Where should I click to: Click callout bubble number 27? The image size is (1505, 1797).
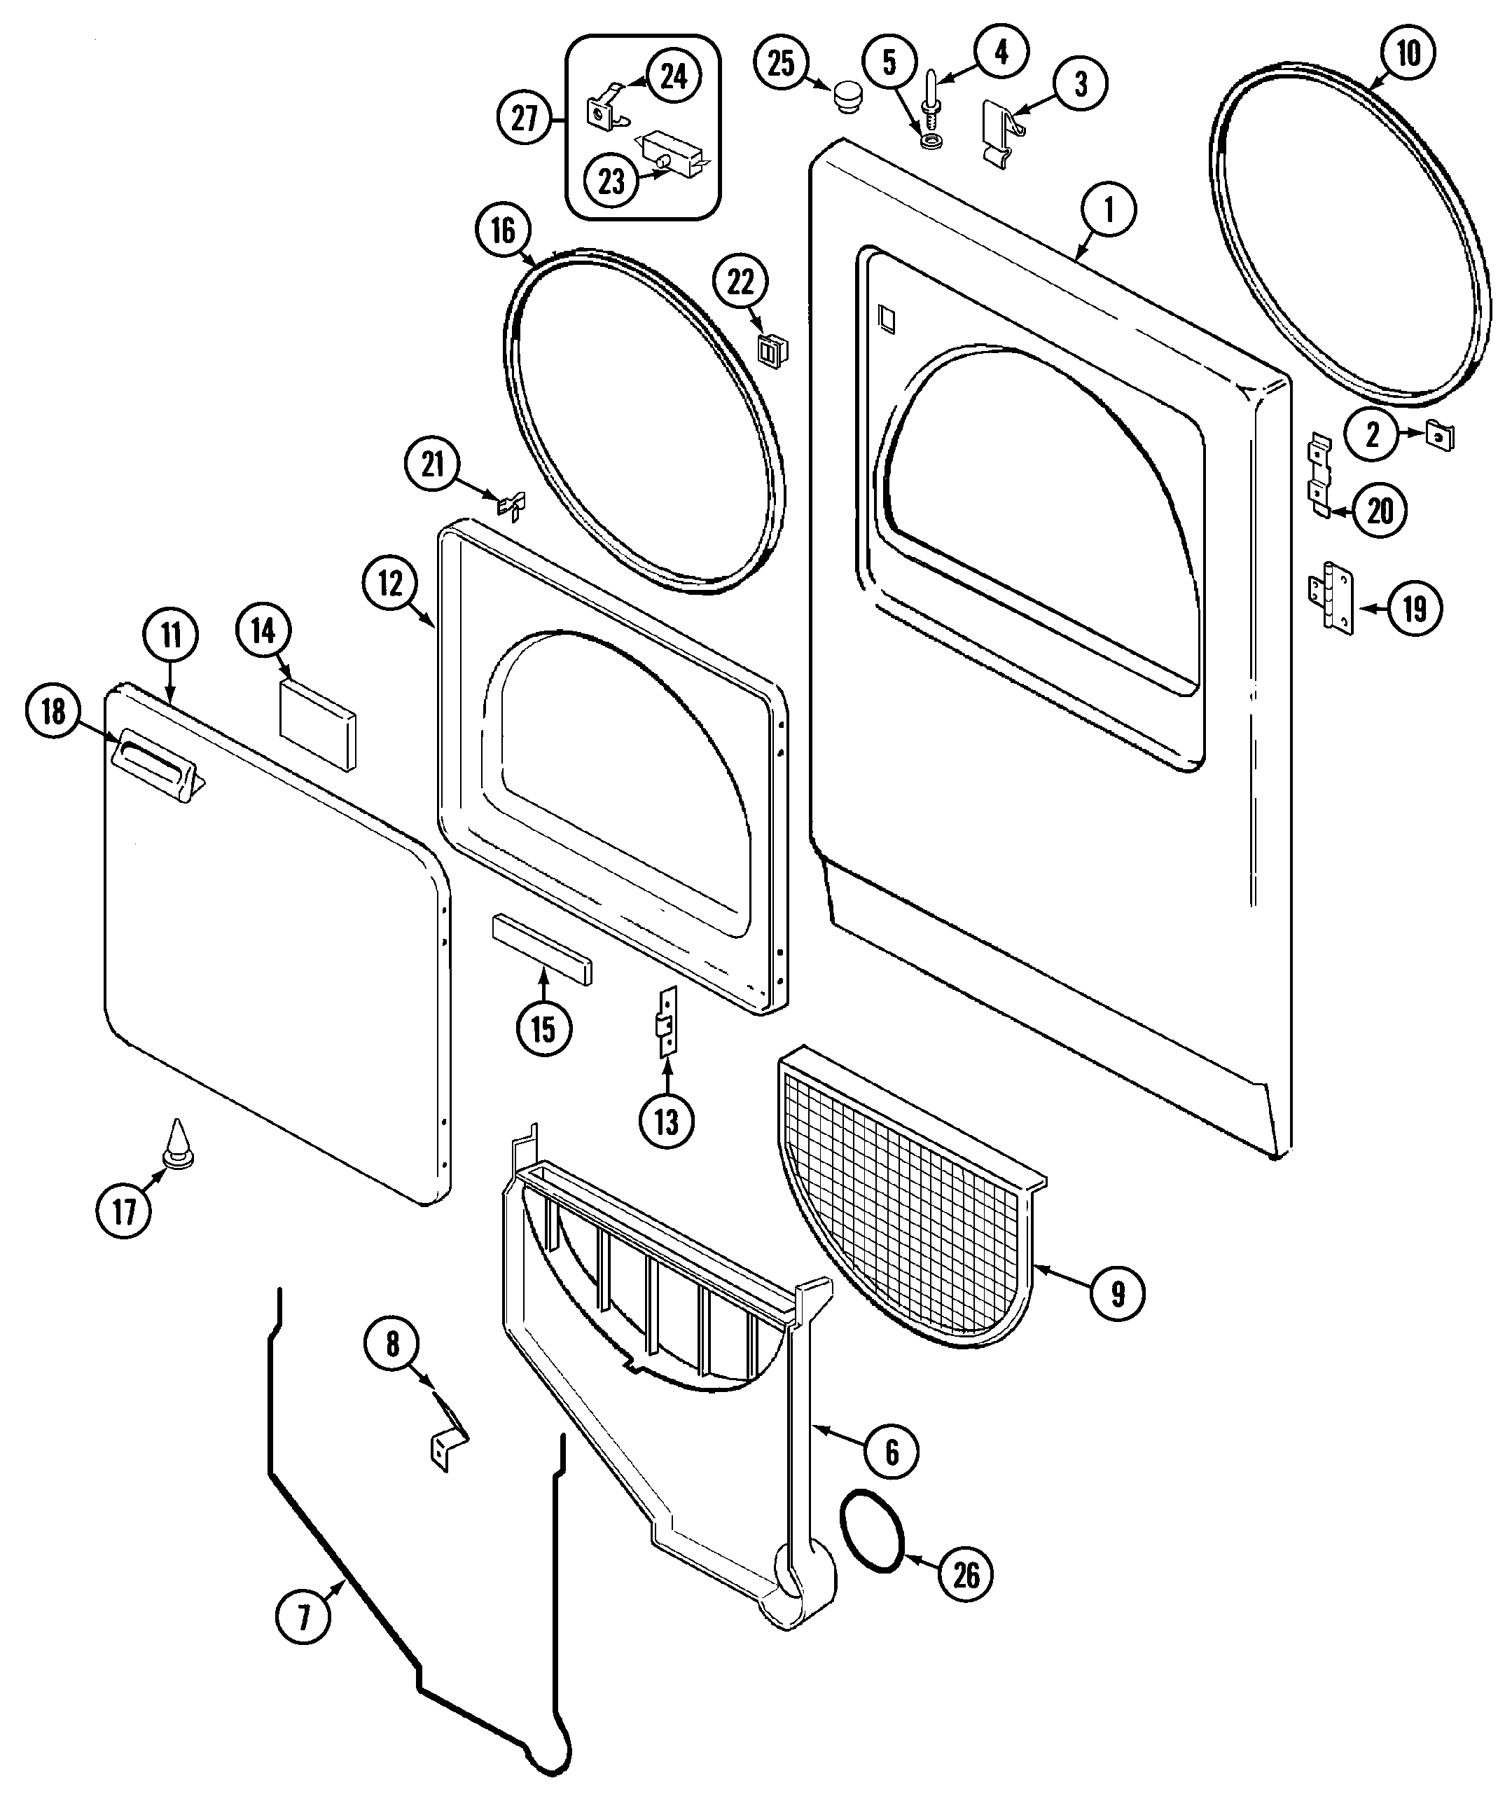point(525,119)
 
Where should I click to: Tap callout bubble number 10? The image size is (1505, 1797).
point(1408,54)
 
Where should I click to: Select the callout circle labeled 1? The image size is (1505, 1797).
point(1109,209)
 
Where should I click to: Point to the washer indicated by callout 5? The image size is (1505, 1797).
point(929,139)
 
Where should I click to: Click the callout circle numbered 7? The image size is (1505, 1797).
point(303,1616)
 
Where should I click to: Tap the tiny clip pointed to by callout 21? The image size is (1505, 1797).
point(512,507)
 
